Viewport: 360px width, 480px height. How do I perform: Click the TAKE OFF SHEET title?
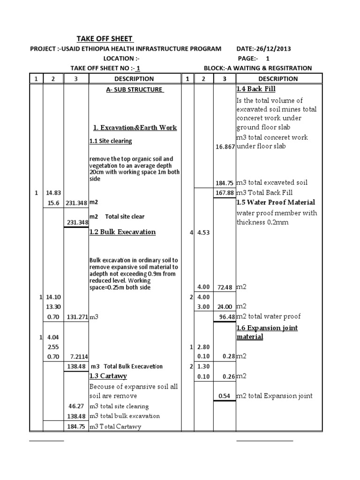(x=105, y=39)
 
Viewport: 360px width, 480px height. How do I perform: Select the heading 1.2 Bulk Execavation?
(x=122, y=232)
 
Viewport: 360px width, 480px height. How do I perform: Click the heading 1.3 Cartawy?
(x=108, y=376)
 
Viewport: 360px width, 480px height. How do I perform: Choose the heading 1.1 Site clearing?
(x=110, y=141)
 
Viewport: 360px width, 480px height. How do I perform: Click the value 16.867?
(x=225, y=147)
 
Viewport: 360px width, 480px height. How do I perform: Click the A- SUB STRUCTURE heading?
(x=134, y=90)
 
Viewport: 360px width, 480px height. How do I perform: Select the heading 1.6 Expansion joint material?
(x=267, y=332)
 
